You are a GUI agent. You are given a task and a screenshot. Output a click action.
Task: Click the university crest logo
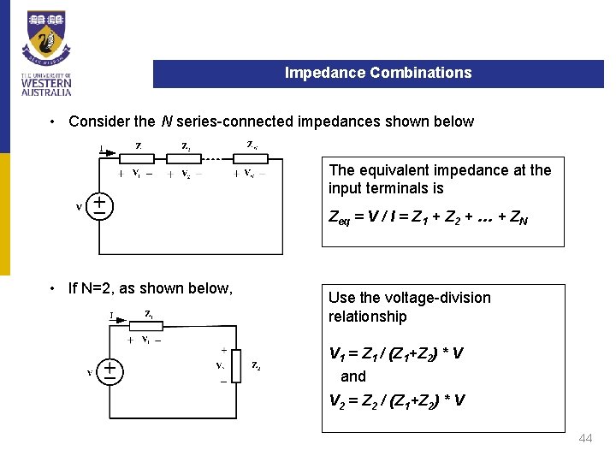click(x=47, y=38)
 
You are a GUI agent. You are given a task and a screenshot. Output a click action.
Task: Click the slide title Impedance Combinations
click(x=377, y=73)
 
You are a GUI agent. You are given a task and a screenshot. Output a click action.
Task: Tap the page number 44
click(x=585, y=438)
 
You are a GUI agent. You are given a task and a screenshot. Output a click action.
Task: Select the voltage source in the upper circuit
click(x=100, y=205)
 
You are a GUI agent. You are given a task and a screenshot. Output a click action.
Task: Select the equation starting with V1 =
click(x=396, y=353)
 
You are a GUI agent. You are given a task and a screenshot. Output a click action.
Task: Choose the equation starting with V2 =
click(x=396, y=400)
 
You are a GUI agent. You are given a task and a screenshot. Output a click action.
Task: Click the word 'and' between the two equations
click(x=352, y=376)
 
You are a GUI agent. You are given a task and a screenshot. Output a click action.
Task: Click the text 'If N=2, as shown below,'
click(x=150, y=288)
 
